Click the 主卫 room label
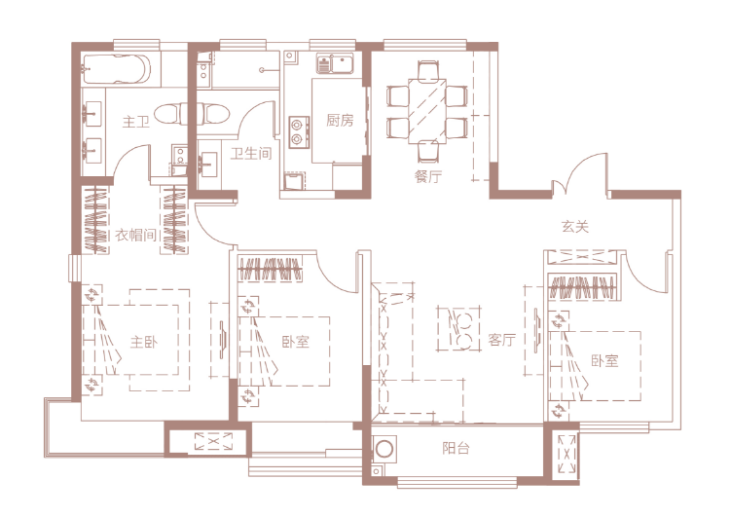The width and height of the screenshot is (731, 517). click(x=135, y=122)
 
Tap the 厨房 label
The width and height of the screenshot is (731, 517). click(x=340, y=121)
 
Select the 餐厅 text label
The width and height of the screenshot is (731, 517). click(x=428, y=176)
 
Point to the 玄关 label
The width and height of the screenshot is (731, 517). click(x=575, y=227)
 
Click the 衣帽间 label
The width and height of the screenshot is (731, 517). click(x=135, y=235)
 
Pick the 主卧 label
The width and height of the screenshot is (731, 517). click(x=144, y=342)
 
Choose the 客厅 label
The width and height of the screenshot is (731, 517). click(x=501, y=340)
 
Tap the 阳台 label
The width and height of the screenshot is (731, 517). click(x=456, y=448)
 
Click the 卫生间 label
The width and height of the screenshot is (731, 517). click(x=251, y=153)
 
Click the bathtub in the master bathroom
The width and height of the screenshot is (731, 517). click(x=117, y=70)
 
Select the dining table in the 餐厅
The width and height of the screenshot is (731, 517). click(x=427, y=111)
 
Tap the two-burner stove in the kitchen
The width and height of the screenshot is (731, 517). click(x=299, y=132)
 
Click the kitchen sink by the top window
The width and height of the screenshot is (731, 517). click(x=335, y=63)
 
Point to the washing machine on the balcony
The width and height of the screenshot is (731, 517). click(x=384, y=450)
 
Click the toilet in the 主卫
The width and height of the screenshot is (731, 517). click(x=169, y=114)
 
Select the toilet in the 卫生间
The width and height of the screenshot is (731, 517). click(x=212, y=114)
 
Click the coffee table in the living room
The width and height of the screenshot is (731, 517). click(x=459, y=329)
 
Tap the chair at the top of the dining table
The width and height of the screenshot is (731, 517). click(x=427, y=71)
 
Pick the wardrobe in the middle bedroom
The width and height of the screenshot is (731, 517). click(x=270, y=269)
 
